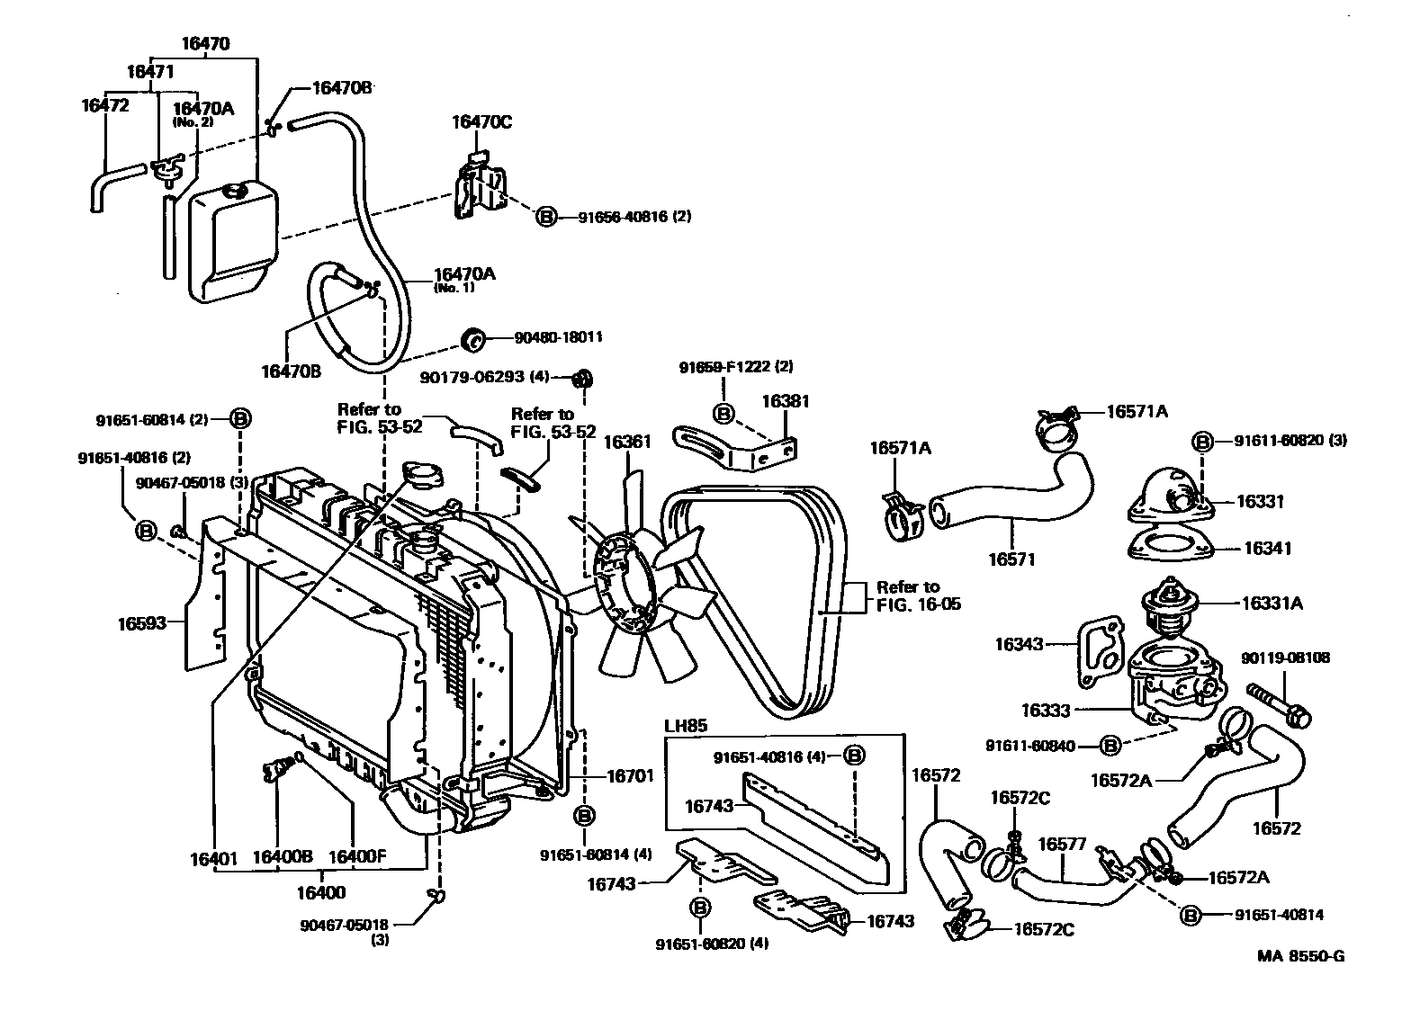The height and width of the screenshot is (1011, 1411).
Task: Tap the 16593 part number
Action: click(x=142, y=622)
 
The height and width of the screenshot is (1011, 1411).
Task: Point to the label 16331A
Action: click(x=1272, y=604)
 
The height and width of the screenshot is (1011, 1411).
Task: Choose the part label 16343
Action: click(x=1019, y=644)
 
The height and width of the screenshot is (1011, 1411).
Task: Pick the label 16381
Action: click(x=786, y=401)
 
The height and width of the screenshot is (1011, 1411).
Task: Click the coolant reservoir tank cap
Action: click(x=237, y=192)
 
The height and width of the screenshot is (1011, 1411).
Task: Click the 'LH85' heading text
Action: click(x=683, y=725)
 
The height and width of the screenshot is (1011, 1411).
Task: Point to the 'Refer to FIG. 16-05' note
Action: click(x=918, y=595)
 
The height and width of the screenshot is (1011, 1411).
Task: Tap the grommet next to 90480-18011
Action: click(x=472, y=340)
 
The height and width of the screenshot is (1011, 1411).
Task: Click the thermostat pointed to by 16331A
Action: click(x=1168, y=603)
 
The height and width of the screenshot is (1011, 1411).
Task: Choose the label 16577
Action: click(x=1063, y=845)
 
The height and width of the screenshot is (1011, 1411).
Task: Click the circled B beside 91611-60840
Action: click(x=1111, y=746)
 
